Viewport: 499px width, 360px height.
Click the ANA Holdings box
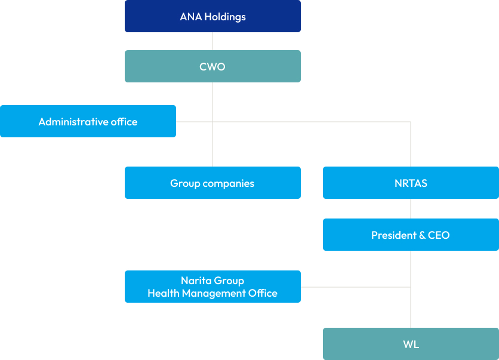click(212, 16)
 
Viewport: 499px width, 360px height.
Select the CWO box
click(212, 66)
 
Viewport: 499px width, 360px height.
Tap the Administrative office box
click(88, 121)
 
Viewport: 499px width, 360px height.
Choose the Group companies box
click(212, 183)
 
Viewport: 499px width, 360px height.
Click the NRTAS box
click(411, 183)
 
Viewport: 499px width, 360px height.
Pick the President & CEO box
click(411, 235)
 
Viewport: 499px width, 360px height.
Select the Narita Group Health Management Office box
click(212, 287)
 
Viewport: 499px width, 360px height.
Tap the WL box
click(411, 344)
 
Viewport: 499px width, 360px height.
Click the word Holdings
click(225, 17)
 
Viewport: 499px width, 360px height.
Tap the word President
click(394, 235)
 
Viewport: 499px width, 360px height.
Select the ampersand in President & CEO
click(422, 235)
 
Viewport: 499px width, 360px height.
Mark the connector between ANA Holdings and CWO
click(212, 41)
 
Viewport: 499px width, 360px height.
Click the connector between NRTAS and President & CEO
click(411, 208)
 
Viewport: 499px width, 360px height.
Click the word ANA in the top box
click(190, 17)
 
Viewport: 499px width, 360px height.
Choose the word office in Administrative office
click(124, 122)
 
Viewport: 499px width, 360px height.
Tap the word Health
click(164, 293)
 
